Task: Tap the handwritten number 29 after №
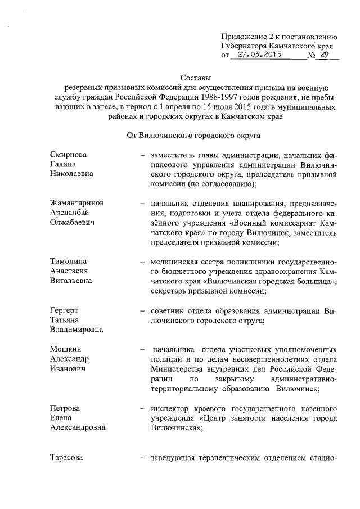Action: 325,55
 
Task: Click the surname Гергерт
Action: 63,310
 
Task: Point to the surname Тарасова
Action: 66,457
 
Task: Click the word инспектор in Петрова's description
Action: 169,408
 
